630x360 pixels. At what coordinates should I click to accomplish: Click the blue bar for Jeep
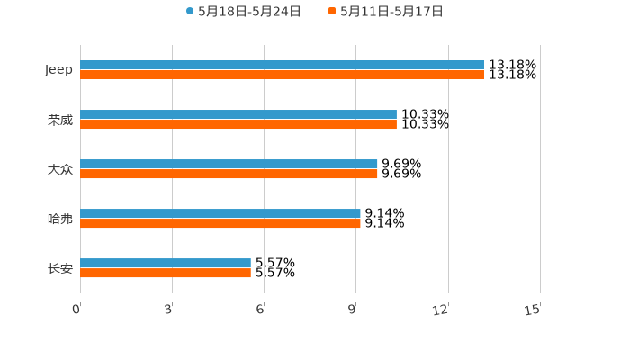pyautogui.click(x=282, y=65)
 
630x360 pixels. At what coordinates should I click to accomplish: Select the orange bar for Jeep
pyautogui.click(x=282, y=75)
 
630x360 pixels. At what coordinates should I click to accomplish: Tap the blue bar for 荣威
pyautogui.click(x=238, y=114)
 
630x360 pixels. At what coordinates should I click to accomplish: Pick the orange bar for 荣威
pyautogui.click(x=238, y=124)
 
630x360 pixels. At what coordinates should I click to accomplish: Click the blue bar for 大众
pyautogui.click(x=229, y=164)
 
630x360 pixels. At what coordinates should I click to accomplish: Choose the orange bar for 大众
pyautogui.click(x=229, y=174)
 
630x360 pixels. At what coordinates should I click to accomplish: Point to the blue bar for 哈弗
pyautogui.click(x=220, y=213)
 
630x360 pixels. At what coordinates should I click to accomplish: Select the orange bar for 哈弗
pyautogui.click(x=220, y=223)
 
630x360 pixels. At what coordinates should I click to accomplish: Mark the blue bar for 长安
pyautogui.click(x=166, y=263)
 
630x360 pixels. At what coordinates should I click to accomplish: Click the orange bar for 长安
pyautogui.click(x=166, y=273)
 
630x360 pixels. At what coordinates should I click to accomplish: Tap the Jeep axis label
pyautogui.click(x=59, y=70)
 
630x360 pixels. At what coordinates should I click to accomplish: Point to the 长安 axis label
pyautogui.click(x=60, y=268)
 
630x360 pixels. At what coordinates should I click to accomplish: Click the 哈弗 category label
pyautogui.click(x=60, y=219)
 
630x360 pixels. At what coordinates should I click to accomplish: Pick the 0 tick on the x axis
pyautogui.click(x=76, y=310)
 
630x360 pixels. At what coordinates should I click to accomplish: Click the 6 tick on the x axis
pyautogui.click(x=260, y=310)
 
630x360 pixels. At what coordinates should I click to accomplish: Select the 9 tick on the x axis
pyautogui.click(x=353, y=310)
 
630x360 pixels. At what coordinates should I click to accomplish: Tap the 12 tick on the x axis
pyautogui.click(x=440, y=310)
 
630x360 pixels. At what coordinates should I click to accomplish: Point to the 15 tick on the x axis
pyautogui.click(x=532, y=310)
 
